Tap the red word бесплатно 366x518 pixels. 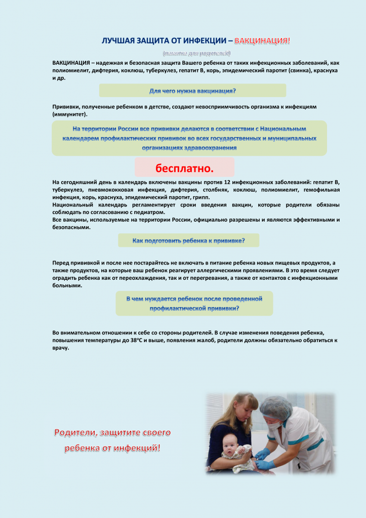(184, 167)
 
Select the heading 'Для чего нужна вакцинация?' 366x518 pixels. (192, 91)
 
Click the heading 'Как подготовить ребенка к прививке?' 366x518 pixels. (188, 241)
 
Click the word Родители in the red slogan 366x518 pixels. (76, 433)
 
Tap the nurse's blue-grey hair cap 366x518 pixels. (276, 406)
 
